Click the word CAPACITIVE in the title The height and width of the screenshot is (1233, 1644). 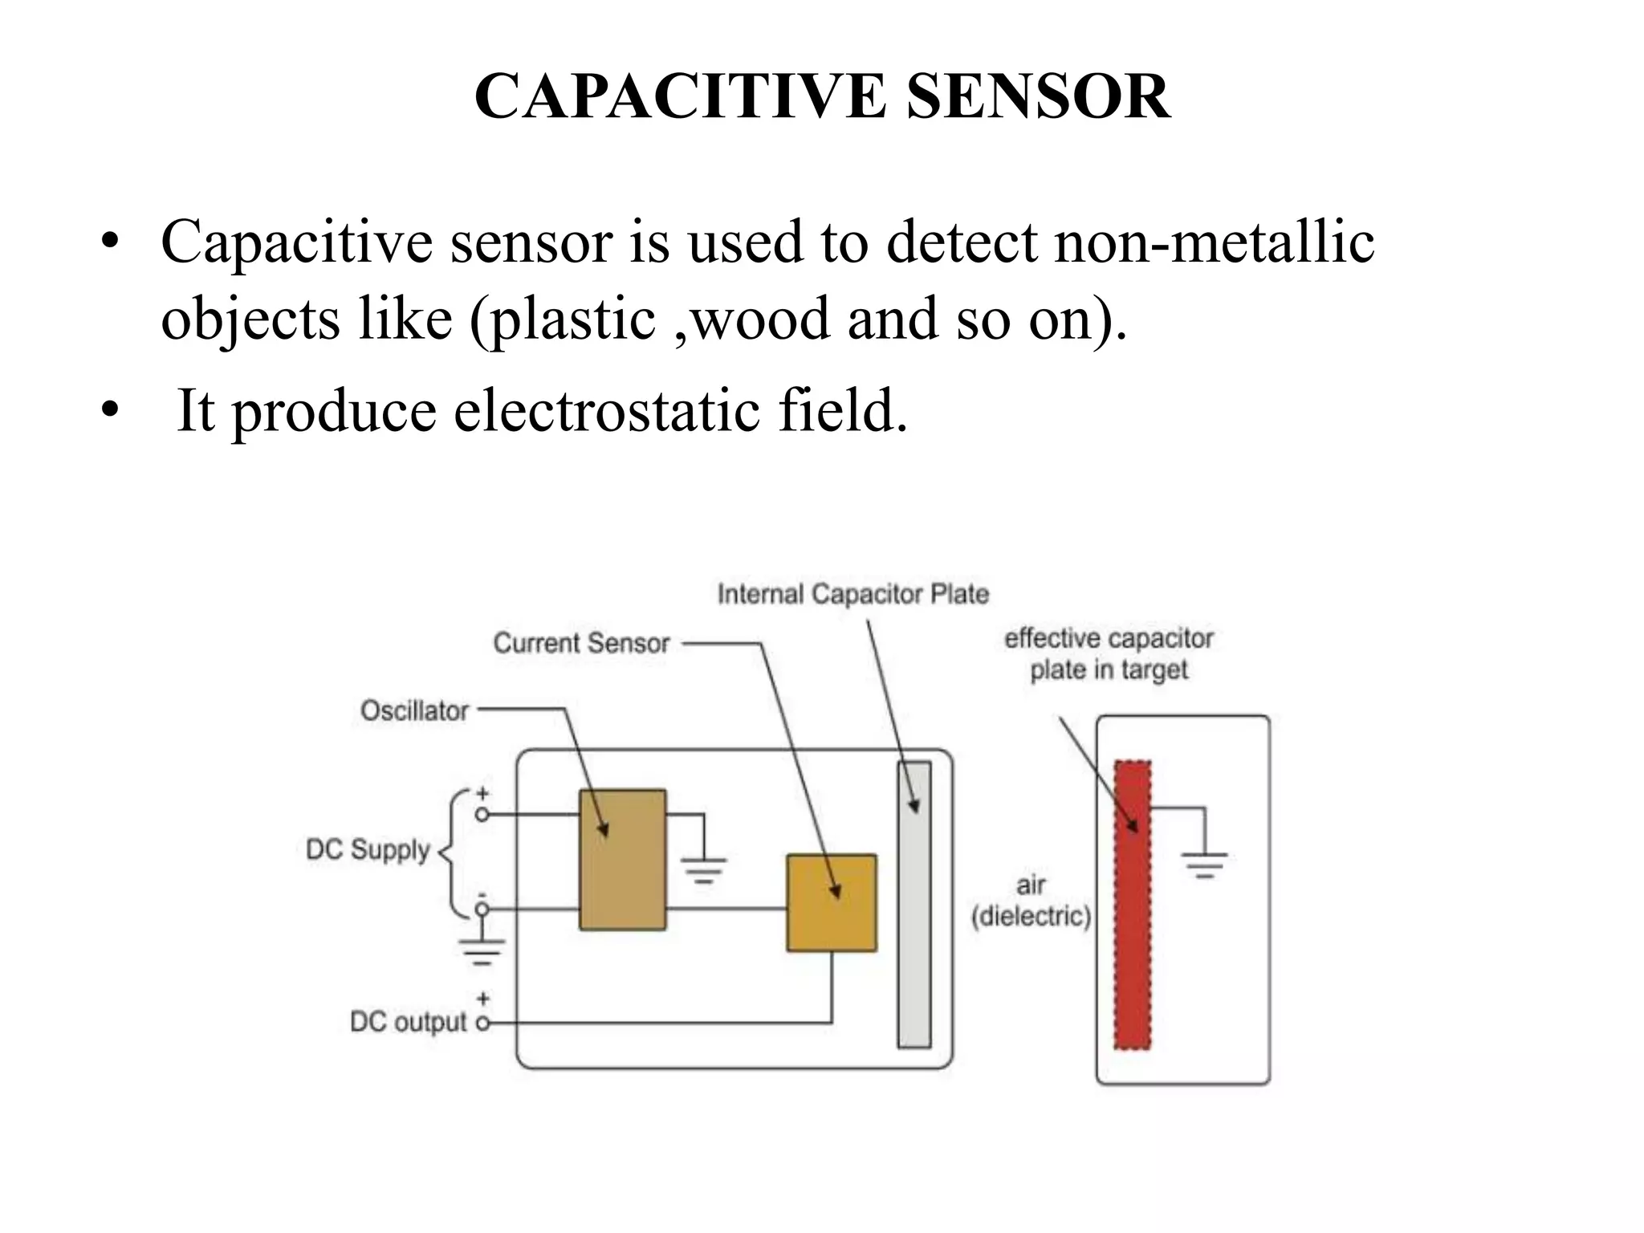tap(679, 97)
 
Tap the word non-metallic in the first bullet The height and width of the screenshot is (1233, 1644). tap(1214, 242)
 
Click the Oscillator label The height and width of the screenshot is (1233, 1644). tap(414, 711)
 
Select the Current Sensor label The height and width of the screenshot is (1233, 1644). tap(581, 644)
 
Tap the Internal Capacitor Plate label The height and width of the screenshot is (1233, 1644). tap(853, 595)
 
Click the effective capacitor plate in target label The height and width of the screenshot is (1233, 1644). tap(1109, 654)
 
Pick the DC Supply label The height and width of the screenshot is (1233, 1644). tap(368, 850)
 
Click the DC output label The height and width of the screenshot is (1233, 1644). tap(408, 1023)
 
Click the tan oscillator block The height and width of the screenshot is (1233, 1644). tap(622, 860)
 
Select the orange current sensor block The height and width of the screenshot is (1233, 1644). tap(831, 903)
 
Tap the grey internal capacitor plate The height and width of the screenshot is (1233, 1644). tap(914, 905)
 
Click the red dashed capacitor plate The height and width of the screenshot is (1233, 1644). tap(1132, 905)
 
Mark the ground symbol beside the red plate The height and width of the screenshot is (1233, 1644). tap(1203, 863)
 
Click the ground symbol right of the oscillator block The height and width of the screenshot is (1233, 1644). tap(704, 869)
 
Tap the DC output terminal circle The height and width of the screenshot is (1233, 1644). tap(482, 1023)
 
